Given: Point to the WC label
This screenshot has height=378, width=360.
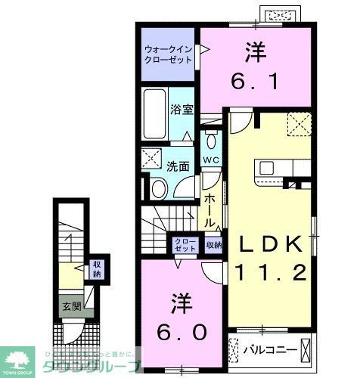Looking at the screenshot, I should pos(211,160).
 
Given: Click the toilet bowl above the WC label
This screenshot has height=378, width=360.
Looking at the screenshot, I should pos(210,141).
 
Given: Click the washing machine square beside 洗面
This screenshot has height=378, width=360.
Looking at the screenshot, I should pos(151,159).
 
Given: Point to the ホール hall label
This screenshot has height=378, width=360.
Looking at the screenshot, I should pos(209,207).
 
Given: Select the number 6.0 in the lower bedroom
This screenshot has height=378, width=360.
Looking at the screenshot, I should pos(178,317).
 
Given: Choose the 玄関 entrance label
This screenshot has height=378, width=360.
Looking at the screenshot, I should pos(71,307).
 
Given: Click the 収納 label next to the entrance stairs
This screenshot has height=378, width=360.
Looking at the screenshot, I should pos(97,268).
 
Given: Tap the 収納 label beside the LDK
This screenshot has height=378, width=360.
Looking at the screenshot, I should pos(213,245).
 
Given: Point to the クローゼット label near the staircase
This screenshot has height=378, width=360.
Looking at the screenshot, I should pos(185,244).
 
